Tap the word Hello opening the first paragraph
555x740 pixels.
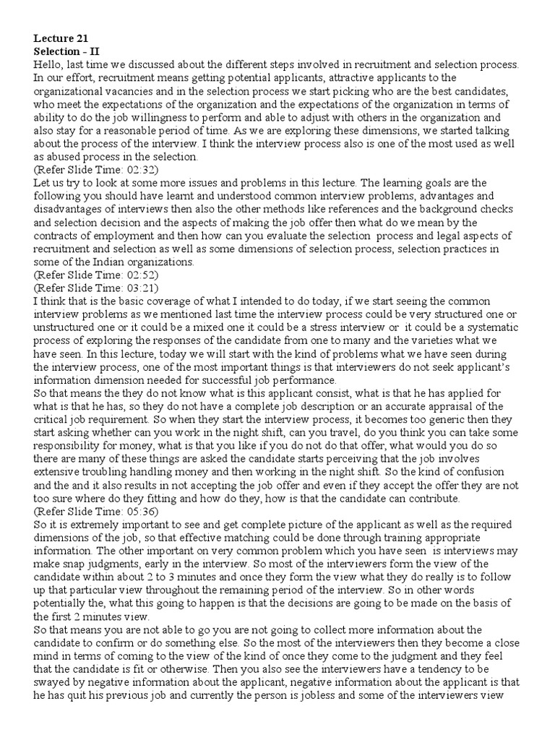[x=48, y=64]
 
